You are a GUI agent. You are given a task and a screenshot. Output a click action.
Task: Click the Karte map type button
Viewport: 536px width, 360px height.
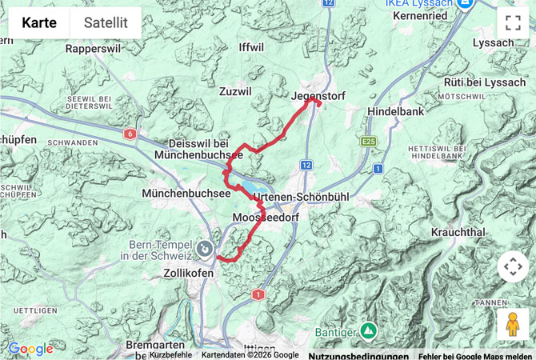point(39,23)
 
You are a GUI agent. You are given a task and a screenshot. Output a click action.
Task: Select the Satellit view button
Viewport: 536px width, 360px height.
point(106,23)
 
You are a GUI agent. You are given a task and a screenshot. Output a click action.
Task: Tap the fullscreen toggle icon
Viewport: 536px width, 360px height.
point(513,23)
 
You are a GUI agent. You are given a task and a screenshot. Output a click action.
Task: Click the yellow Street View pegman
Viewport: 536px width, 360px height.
point(513,324)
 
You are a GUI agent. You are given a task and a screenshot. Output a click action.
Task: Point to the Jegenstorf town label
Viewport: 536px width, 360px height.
point(318,96)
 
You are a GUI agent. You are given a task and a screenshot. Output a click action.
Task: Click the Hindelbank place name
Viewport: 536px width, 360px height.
point(395,112)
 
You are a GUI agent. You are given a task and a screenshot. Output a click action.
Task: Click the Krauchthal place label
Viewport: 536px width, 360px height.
point(458,231)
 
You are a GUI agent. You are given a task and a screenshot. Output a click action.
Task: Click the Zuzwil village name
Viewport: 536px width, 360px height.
point(235,92)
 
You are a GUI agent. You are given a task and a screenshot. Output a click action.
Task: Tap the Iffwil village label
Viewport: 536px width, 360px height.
point(250,47)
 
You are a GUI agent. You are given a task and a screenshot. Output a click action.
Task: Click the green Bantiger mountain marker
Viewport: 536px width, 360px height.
point(367,330)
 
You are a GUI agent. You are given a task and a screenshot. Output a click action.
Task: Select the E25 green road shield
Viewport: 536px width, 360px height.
point(368,142)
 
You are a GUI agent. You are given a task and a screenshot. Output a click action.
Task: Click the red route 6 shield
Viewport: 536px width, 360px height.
point(130,134)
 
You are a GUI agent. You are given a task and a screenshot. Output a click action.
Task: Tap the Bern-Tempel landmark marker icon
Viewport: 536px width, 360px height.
point(205,250)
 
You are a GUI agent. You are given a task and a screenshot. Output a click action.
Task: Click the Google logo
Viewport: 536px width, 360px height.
point(30,349)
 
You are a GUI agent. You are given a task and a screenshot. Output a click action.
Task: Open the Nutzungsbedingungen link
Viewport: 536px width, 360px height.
point(358,355)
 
